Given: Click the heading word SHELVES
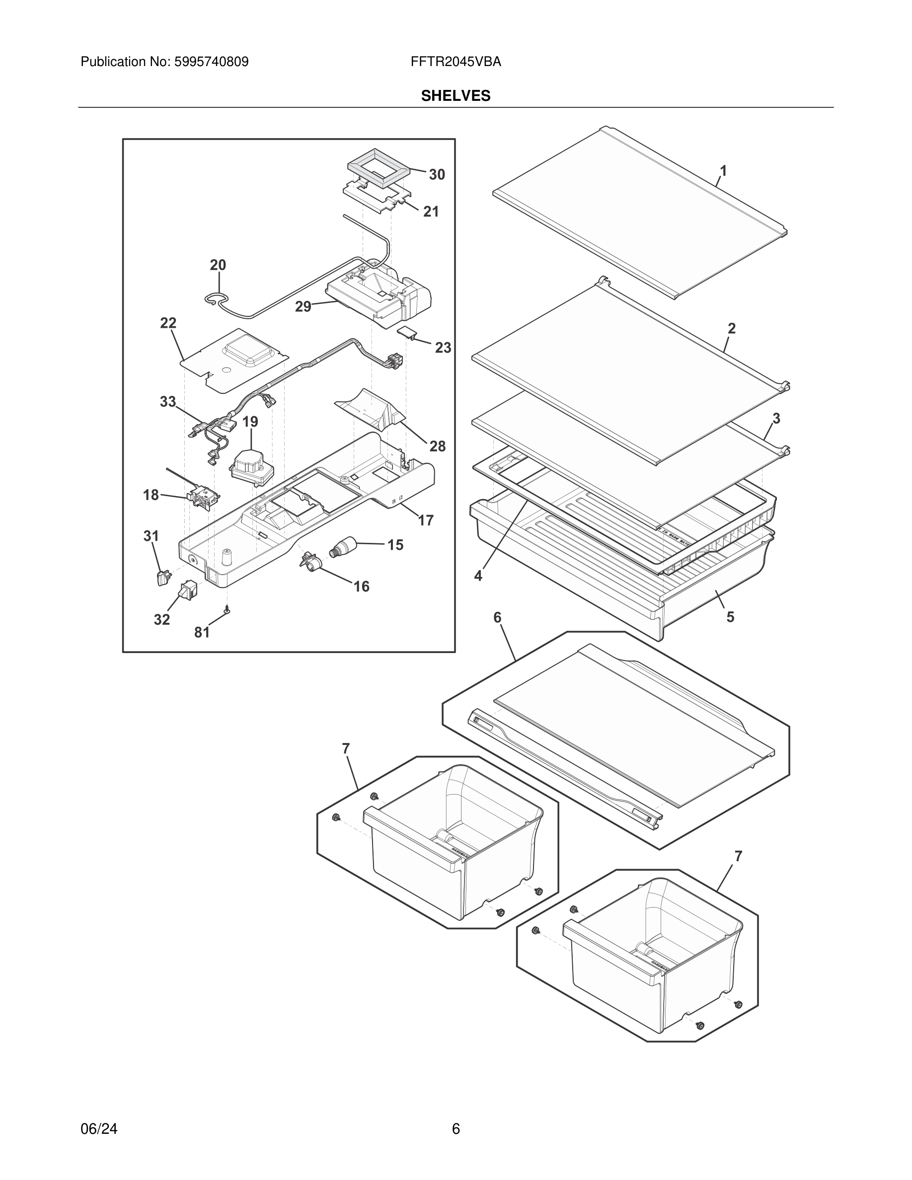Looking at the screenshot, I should pos(456,96).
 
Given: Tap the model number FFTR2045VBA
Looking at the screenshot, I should pos(456,62).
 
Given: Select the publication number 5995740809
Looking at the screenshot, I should pos(211,62).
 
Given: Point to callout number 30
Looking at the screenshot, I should pos(437,174).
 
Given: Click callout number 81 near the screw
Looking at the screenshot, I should pos(202,632).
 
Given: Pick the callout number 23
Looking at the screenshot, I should pos(443,348).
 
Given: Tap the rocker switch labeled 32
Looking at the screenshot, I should pos(189,590).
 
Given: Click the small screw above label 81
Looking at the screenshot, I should pos(228,609).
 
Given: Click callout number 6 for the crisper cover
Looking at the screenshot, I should pos(497,617).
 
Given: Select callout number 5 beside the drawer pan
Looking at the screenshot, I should pos(730,617).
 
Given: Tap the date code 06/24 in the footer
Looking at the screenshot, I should pos(99,1129).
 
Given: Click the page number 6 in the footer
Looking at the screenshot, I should pos(456,1129).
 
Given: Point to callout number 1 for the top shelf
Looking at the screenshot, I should pos(723,171).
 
